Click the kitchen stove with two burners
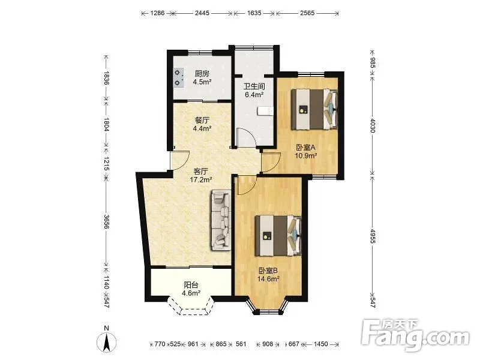(178, 78)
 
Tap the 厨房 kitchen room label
(202, 74)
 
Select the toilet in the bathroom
(265, 111)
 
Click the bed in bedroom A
(314, 109)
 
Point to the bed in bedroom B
(278, 235)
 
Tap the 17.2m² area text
(201, 179)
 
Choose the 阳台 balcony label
(191, 285)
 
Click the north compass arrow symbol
(107, 341)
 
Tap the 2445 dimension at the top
(202, 13)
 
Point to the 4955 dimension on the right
(372, 236)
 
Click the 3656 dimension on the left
(106, 221)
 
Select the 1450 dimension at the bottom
(321, 344)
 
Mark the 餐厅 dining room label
(202, 121)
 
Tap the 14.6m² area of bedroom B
(268, 279)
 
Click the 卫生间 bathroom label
(254, 86)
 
